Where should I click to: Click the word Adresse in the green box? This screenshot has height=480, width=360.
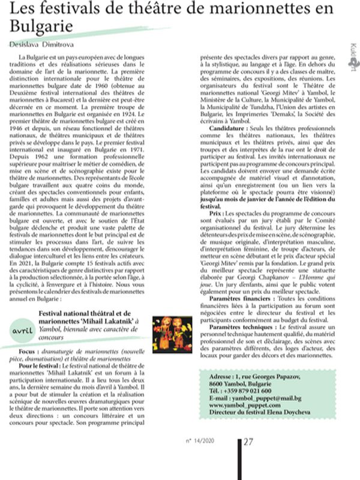pyautogui.click(x=212, y=376)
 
